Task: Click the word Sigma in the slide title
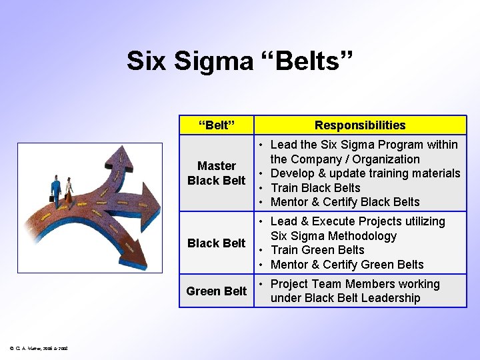click(x=213, y=61)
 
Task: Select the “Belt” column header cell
click(x=217, y=125)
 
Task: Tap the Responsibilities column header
click(x=360, y=125)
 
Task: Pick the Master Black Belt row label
click(x=217, y=173)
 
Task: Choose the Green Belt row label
click(x=217, y=291)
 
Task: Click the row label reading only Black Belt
click(x=217, y=243)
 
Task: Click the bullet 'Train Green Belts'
click(x=317, y=250)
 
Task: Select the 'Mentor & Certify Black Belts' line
click(x=345, y=202)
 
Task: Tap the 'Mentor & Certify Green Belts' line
click(x=347, y=265)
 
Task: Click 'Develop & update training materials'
click(x=365, y=173)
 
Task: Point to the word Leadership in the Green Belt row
click(x=386, y=298)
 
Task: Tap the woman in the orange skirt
click(x=69, y=189)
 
